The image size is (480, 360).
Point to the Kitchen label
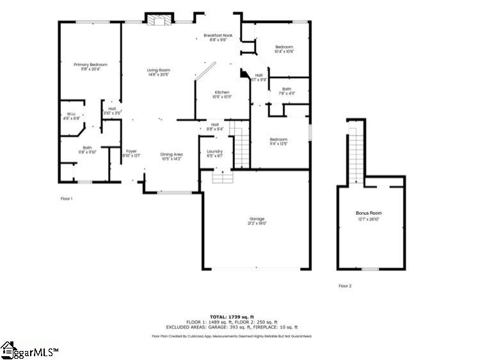[222, 94]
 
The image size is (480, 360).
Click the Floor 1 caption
[67, 199]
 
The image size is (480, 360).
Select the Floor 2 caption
[345, 286]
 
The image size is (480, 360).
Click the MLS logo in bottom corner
[29, 350]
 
